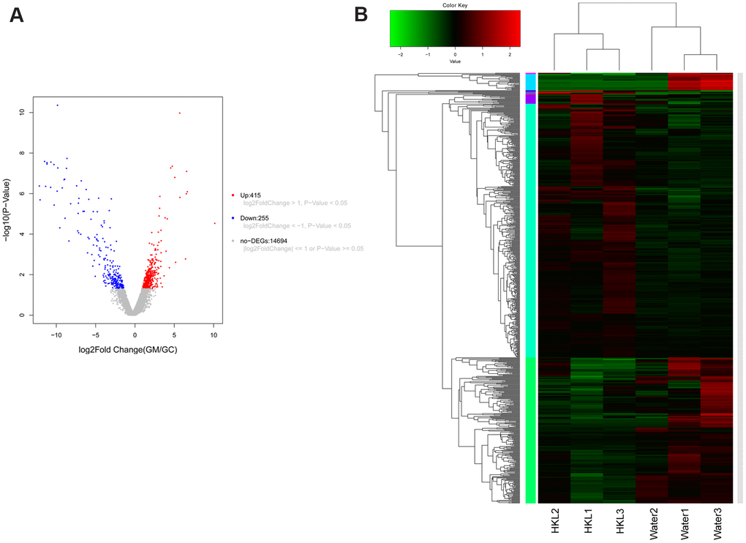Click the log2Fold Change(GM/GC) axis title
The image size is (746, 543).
click(127, 350)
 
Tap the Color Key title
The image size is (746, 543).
click(455, 5)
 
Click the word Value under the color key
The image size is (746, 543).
click(455, 61)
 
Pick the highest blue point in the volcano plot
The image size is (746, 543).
click(57, 105)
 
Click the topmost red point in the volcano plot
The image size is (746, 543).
click(179, 113)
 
